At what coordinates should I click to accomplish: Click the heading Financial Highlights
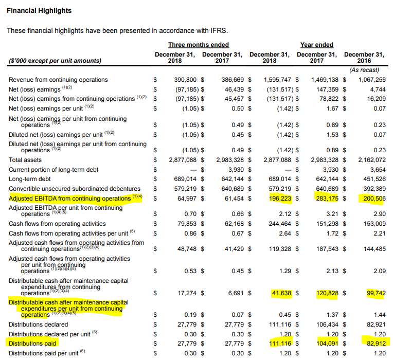coord(39,10)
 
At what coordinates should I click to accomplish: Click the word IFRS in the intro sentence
coord(219,30)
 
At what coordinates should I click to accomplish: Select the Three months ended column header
coord(198,45)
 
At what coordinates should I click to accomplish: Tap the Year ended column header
coord(316,45)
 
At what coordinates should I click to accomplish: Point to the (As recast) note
coord(364,70)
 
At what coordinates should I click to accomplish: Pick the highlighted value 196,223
coord(278,199)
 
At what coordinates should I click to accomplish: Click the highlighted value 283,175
coord(325,199)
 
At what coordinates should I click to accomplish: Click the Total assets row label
coord(25,160)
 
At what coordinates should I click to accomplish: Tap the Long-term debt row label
coord(30,179)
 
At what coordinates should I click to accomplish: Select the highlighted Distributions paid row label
coord(33,343)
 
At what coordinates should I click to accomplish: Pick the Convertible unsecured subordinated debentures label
coord(75,189)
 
